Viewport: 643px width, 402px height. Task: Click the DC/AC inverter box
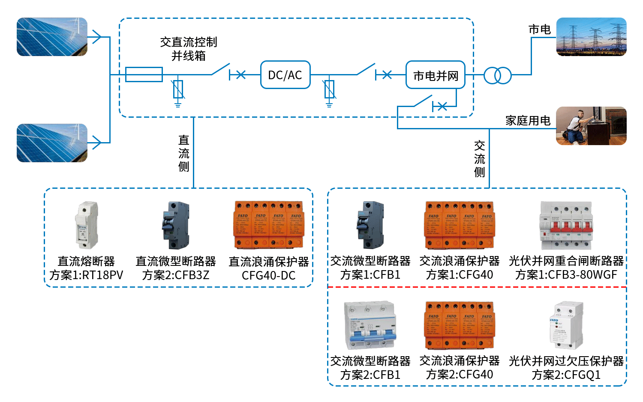pyautogui.click(x=285, y=75)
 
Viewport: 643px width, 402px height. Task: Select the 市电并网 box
pyautogui.click(x=435, y=75)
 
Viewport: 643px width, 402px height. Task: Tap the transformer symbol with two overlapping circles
pyautogui.click(x=498, y=75)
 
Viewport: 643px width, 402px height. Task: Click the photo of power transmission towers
pyautogui.click(x=591, y=37)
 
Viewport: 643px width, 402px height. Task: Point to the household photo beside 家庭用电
pyautogui.click(x=591, y=126)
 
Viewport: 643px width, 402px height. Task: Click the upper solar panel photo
pyautogui.click(x=52, y=37)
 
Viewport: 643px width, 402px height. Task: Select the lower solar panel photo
pyautogui.click(x=52, y=143)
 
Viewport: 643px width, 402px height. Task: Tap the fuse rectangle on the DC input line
pyautogui.click(x=144, y=74)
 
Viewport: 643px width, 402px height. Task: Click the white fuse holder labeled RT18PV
pyautogui.click(x=87, y=225)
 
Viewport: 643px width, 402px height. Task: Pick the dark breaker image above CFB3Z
pyautogui.click(x=176, y=225)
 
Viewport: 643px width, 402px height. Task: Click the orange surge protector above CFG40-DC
pyautogui.click(x=268, y=225)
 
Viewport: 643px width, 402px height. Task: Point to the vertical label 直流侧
pyautogui.click(x=184, y=153)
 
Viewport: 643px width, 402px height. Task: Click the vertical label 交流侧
pyautogui.click(x=480, y=158)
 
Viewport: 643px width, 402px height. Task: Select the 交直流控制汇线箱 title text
pyautogui.click(x=189, y=48)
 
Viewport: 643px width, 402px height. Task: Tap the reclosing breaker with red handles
pyautogui.click(x=566, y=225)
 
